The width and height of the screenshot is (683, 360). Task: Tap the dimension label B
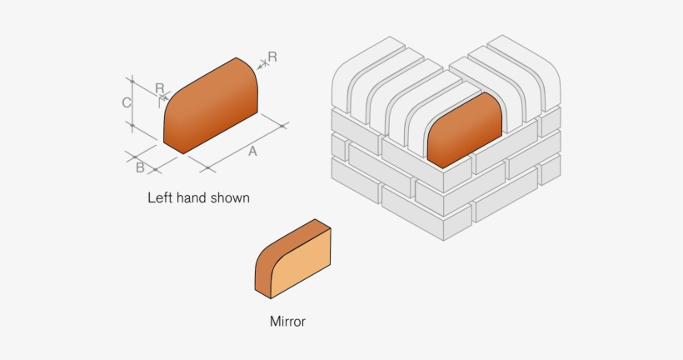[141, 168]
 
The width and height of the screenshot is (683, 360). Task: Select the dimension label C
[126, 102]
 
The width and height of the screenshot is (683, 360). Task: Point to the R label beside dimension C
[159, 87]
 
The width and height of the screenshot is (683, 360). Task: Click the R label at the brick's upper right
[272, 57]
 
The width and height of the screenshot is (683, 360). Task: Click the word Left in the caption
[161, 198]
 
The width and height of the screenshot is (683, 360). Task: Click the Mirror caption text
[287, 321]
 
